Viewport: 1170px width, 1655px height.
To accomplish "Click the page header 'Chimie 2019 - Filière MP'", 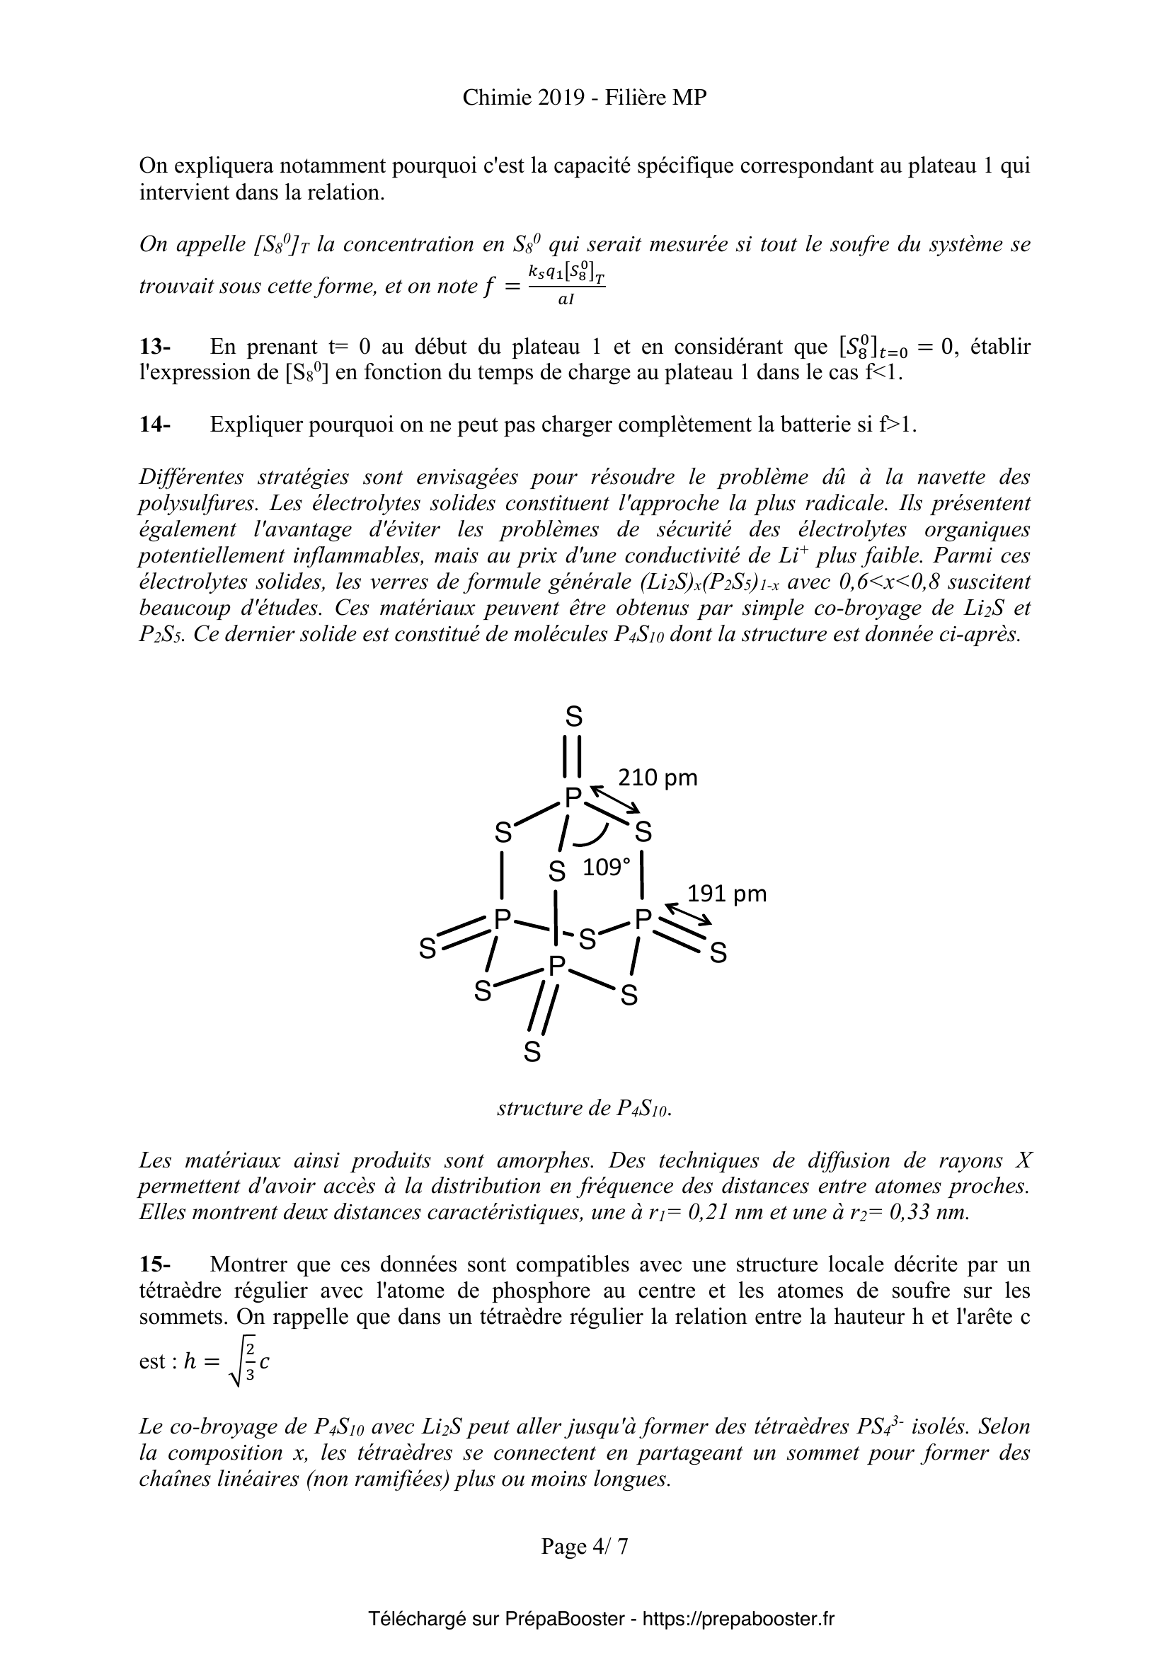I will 584,98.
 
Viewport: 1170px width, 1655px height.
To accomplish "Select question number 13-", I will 154,347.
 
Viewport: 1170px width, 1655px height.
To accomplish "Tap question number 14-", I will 154,425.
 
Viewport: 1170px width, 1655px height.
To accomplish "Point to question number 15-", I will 154,1264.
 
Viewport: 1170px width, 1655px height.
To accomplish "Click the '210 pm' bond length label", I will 658,778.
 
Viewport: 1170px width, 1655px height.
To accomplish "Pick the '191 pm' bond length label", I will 727,894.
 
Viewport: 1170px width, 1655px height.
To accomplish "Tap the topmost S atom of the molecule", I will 573,717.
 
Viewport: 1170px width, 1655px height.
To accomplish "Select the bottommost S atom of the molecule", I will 532,1052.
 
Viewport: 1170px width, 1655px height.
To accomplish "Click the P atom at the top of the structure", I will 573,797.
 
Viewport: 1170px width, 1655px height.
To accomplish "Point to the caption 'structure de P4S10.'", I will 584,1107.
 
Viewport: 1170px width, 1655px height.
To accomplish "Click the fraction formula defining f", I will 566,286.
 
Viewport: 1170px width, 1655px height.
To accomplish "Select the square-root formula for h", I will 226,1361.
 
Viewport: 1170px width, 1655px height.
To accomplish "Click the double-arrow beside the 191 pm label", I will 688,915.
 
